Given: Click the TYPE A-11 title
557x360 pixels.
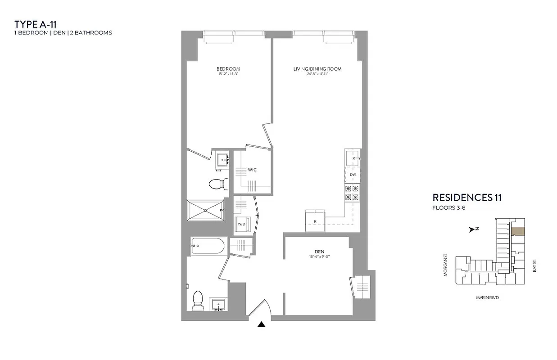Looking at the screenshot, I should click(36, 24).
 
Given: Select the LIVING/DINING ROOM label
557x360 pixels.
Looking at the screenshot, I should click(317, 69).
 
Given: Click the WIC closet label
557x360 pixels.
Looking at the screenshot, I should click(252, 170).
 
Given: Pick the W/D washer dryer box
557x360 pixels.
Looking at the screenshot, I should click(242, 224).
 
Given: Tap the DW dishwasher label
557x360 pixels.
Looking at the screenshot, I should click(353, 174).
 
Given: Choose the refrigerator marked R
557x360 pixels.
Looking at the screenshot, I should click(315, 221).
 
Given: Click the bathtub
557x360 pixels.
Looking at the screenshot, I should click(207, 246).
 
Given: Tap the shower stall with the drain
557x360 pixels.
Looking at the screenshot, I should click(205, 210).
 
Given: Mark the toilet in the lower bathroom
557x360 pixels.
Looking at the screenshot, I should click(198, 300).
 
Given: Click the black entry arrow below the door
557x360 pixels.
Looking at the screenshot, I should click(261, 325).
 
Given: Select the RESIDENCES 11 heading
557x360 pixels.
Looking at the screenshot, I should click(467, 197).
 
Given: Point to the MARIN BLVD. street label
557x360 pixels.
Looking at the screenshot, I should click(488, 298).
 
